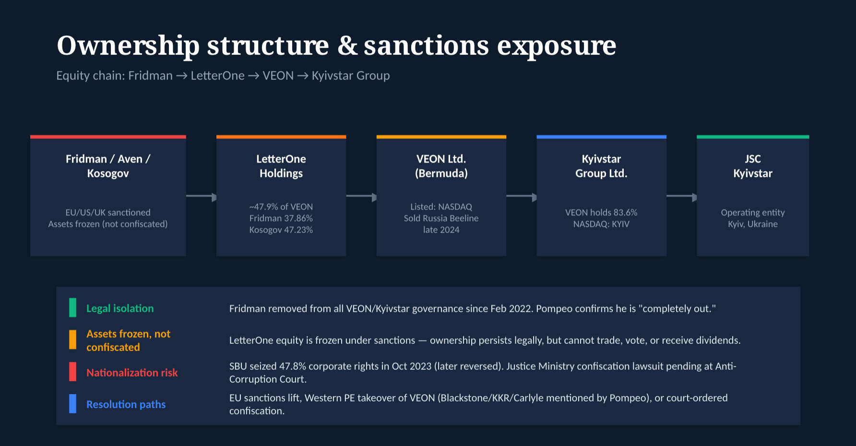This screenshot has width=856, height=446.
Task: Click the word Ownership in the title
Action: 128,47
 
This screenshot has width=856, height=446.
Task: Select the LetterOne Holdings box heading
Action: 281,166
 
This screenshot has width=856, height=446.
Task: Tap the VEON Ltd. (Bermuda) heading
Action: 441,166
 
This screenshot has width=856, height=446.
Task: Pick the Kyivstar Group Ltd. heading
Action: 601,166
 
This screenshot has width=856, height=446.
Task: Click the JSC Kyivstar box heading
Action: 753,166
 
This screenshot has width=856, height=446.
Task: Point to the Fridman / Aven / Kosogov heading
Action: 108,166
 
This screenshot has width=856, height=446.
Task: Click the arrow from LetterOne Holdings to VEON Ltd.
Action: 361,196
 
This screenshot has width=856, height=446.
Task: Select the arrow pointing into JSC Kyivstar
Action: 682,196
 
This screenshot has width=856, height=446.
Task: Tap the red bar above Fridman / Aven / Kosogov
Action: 108,137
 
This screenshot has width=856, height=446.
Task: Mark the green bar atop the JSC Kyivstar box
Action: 753,137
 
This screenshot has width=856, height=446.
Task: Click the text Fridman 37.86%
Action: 281,218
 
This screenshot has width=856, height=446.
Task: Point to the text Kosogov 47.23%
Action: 281,230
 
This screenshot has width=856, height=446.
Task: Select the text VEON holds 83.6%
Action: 601,212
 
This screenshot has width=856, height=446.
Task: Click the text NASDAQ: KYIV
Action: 601,224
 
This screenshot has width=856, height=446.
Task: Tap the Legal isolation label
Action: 120,308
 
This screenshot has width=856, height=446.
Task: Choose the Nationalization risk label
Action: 132,373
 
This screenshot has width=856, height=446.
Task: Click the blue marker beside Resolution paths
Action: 72,404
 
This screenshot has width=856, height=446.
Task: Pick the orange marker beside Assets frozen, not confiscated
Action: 72,340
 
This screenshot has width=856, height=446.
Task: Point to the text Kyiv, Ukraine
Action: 753,224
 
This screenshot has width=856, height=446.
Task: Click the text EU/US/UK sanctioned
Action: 108,212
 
